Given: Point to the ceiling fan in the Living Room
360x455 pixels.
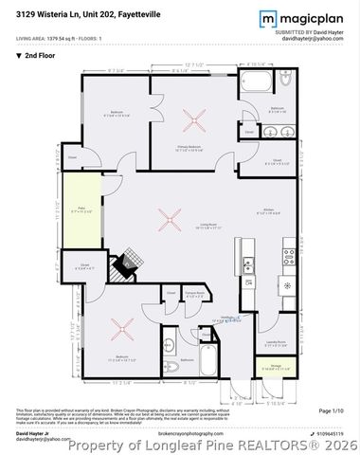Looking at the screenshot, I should pos(171,222).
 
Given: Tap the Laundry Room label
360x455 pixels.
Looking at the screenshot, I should pos(275,341).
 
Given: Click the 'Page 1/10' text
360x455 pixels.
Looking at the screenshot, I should pos(331,410).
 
